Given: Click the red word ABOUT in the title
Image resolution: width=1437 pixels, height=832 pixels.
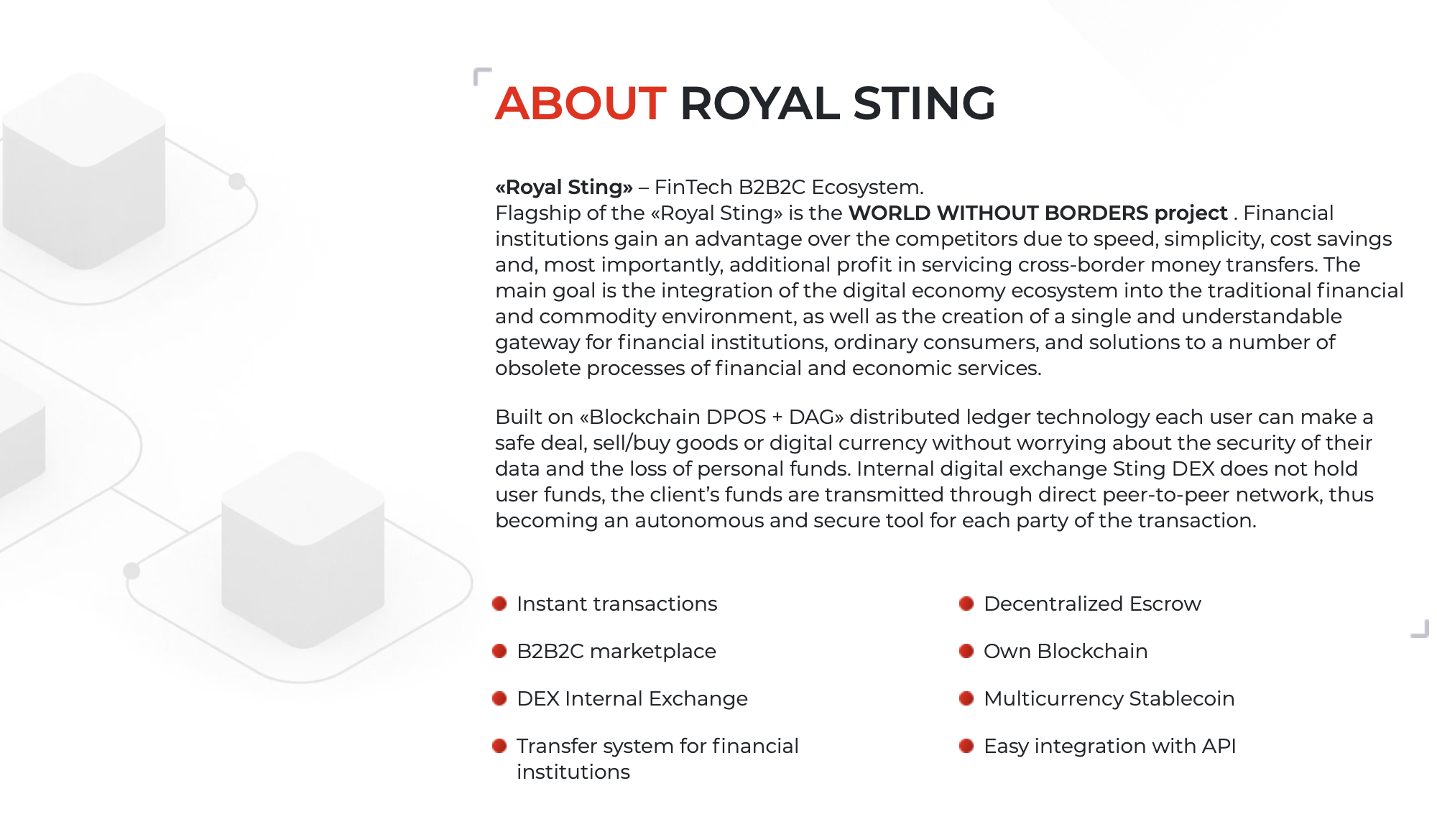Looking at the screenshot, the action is [581, 103].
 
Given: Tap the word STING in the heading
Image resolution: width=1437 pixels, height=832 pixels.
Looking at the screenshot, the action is [924, 103].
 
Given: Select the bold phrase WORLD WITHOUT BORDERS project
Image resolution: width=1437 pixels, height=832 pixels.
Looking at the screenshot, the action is [1038, 213].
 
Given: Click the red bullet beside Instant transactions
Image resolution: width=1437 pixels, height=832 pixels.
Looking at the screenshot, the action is [499, 604].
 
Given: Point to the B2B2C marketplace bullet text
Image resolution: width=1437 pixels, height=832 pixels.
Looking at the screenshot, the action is [616, 651].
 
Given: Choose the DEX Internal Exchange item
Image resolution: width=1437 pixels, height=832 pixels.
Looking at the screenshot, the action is [632, 698].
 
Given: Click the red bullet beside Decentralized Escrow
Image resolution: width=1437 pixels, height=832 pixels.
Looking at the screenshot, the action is [966, 604].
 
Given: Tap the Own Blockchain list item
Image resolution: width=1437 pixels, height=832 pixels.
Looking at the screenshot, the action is [1066, 651].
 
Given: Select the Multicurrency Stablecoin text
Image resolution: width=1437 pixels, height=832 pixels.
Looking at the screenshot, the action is [1109, 698].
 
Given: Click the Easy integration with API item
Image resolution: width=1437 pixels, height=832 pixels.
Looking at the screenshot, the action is [1110, 746].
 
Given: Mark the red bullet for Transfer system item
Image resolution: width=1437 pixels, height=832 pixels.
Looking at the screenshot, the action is [499, 746].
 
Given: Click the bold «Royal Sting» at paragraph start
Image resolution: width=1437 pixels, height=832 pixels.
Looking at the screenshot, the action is [564, 188].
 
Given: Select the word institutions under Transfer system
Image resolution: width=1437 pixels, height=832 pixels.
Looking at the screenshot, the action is [573, 772].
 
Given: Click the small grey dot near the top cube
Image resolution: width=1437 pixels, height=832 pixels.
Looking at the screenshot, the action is [237, 181].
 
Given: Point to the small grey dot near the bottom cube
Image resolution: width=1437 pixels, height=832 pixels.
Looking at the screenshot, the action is [131, 571].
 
